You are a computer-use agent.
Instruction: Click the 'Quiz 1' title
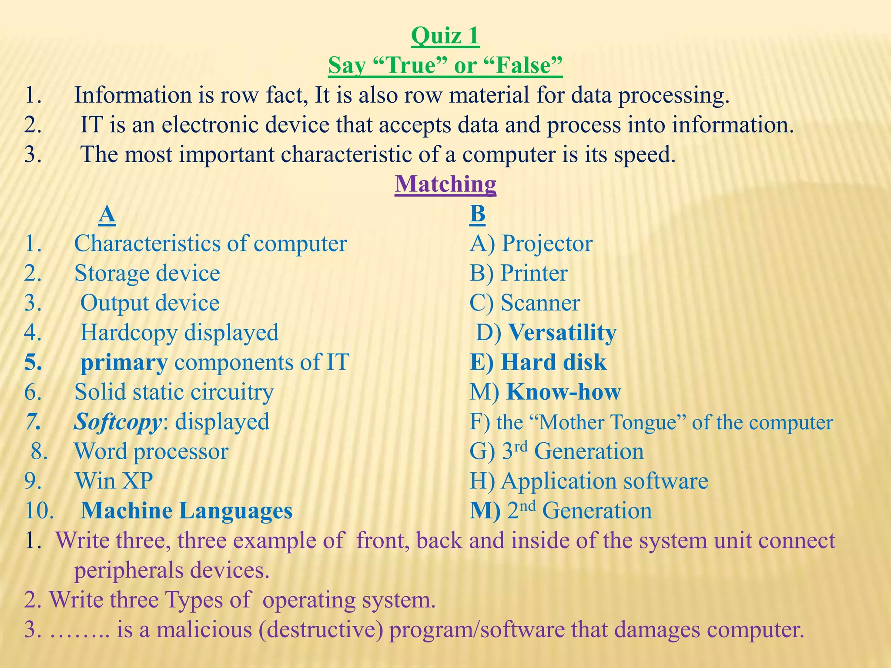pyautogui.click(x=445, y=36)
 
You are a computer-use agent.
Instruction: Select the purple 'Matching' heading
pyautogui.click(x=445, y=184)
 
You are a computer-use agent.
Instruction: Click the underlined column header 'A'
pyautogui.click(x=107, y=214)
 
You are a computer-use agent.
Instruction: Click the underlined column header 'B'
pyautogui.click(x=477, y=214)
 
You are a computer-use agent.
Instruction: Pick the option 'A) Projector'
pyautogui.click(x=531, y=244)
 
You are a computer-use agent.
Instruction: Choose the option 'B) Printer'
pyautogui.click(x=519, y=274)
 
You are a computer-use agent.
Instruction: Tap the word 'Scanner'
pyautogui.click(x=540, y=303)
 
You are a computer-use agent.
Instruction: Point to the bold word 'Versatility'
pyautogui.click(x=562, y=333)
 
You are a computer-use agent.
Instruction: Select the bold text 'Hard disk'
pyautogui.click(x=553, y=362)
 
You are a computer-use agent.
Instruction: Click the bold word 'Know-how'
pyautogui.click(x=564, y=392)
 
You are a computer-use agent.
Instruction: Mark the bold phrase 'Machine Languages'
pyautogui.click(x=187, y=511)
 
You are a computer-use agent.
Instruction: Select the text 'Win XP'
pyautogui.click(x=114, y=481)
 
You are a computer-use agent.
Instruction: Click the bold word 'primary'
pyautogui.click(x=124, y=363)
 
